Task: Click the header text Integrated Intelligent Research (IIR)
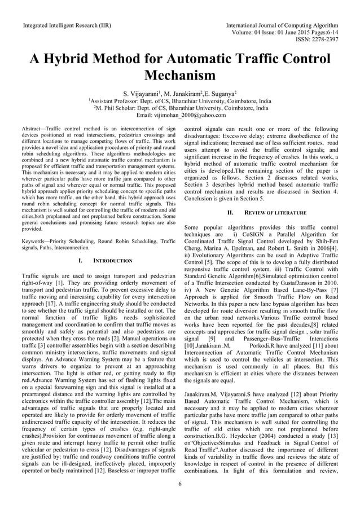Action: (66, 26)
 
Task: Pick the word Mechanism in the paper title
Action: (180, 76)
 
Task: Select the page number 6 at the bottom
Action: (179, 484)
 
